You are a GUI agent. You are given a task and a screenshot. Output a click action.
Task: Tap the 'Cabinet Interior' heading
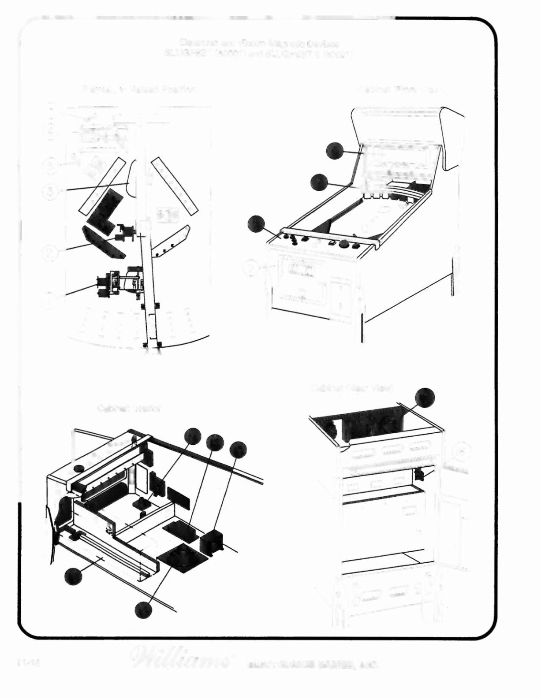point(129,409)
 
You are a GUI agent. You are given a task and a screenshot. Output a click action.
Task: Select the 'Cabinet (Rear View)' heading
point(352,388)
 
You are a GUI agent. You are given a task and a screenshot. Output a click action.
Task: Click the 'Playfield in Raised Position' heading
point(138,89)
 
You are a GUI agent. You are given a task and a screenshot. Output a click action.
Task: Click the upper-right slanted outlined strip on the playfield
point(174,186)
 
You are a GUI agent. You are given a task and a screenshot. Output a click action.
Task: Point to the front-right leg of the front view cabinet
point(362,326)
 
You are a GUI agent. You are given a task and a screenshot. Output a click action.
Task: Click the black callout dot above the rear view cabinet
point(425,398)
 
